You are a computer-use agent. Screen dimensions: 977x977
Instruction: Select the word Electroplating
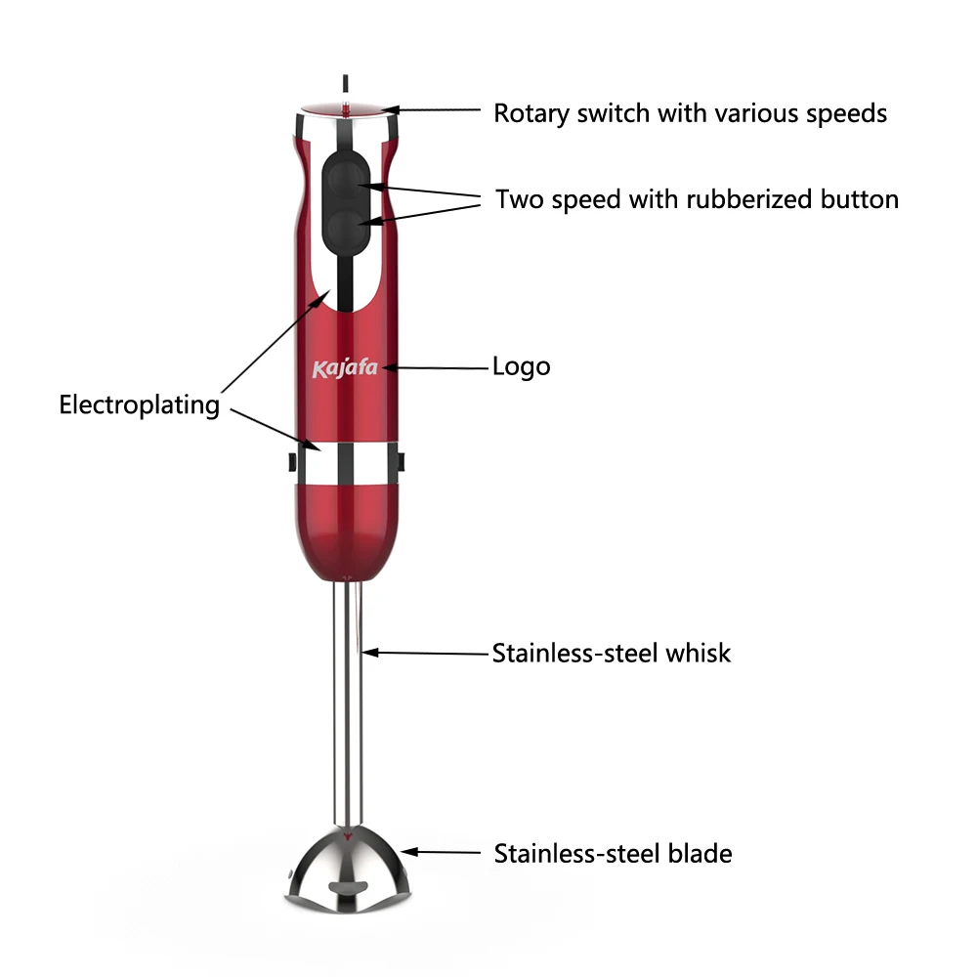pos(139,404)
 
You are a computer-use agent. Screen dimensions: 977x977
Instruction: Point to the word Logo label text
pos(521,367)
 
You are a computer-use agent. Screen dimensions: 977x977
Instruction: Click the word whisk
pos(698,653)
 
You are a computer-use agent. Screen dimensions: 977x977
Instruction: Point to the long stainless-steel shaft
pos(347,703)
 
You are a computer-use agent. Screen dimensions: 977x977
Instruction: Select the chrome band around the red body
pos(347,462)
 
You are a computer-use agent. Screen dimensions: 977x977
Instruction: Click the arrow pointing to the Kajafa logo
pos(435,368)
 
